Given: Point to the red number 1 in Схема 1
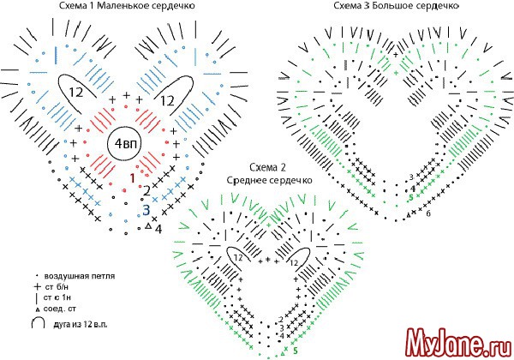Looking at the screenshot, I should [132, 177].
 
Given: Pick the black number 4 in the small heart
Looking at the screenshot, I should [158, 229].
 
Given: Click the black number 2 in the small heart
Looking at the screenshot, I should [148, 189].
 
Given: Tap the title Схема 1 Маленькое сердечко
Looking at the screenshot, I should [115, 7].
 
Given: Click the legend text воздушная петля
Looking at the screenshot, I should [85, 276].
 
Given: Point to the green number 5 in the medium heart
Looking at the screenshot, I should [295, 350].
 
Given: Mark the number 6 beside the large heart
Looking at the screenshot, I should [427, 213].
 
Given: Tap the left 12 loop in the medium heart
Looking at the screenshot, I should [236, 256].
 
